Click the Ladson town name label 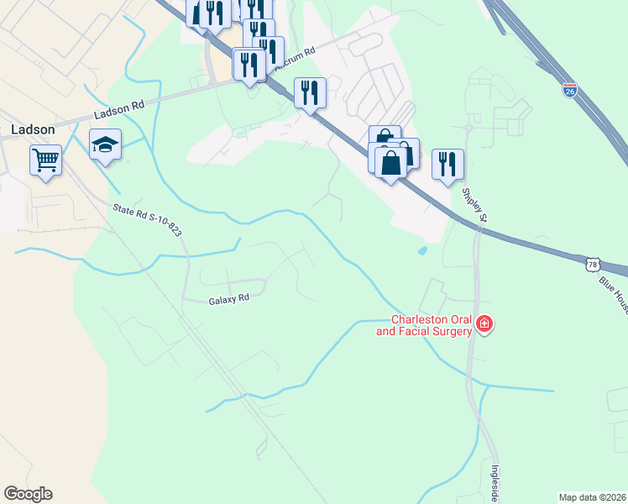[x=34, y=129]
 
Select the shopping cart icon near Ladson [x=45, y=160]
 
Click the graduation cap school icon [x=106, y=144]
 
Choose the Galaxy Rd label [x=228, y=297]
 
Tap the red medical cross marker [x=484, y=324]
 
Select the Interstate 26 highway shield [x=570, y=90]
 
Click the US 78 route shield [x=593, y=264]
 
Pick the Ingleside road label [x=495, y=483]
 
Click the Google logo [x=28, y=494]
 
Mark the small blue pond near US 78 [x=421, y=250]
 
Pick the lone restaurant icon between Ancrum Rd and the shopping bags [x=311, y=92]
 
